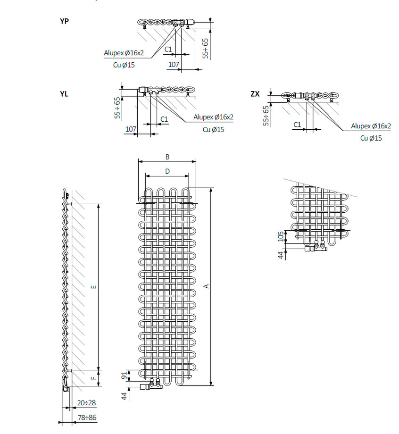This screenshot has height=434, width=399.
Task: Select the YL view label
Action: [x=64, y=94]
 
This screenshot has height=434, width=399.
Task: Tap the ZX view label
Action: [x=255, y=94]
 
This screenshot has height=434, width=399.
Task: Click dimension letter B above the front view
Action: [x=167, y=157]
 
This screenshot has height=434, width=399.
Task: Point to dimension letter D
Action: [x=167, y=172]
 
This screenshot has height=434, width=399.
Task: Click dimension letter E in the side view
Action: [x=93, y=287]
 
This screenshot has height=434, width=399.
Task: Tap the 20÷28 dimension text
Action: [x=86, y=403]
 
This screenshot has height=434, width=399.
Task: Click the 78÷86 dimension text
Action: [x=86, y=418]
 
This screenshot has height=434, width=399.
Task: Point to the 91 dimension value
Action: [x=125, y=376]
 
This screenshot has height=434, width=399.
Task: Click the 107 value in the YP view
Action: [x=174, y=64]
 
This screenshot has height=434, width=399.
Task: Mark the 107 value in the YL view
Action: [x=131, y=129]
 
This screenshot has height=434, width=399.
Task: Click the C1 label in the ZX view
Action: [x=297, y=124]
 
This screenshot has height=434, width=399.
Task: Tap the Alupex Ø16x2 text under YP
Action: [x=124, y=53]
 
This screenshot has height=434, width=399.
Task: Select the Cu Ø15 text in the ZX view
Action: [x=371, y=138]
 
